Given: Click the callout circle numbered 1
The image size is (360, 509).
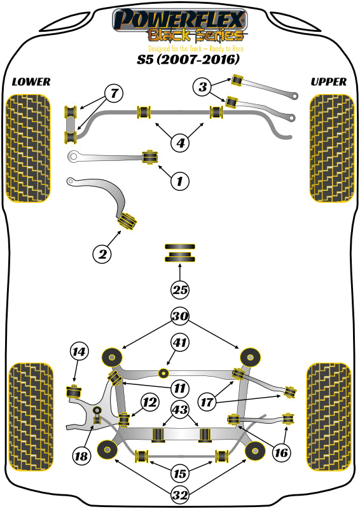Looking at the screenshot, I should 180,182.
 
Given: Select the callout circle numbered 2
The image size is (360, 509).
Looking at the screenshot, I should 102,255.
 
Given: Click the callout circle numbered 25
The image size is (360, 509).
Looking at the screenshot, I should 180,290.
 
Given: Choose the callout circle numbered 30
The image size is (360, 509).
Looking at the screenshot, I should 180,316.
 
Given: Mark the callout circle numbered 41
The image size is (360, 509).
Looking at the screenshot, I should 180,344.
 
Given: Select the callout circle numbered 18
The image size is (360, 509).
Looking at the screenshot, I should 81,456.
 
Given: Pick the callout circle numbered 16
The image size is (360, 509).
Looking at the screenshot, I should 280,452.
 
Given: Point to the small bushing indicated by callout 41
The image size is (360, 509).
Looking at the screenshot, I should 165,372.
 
